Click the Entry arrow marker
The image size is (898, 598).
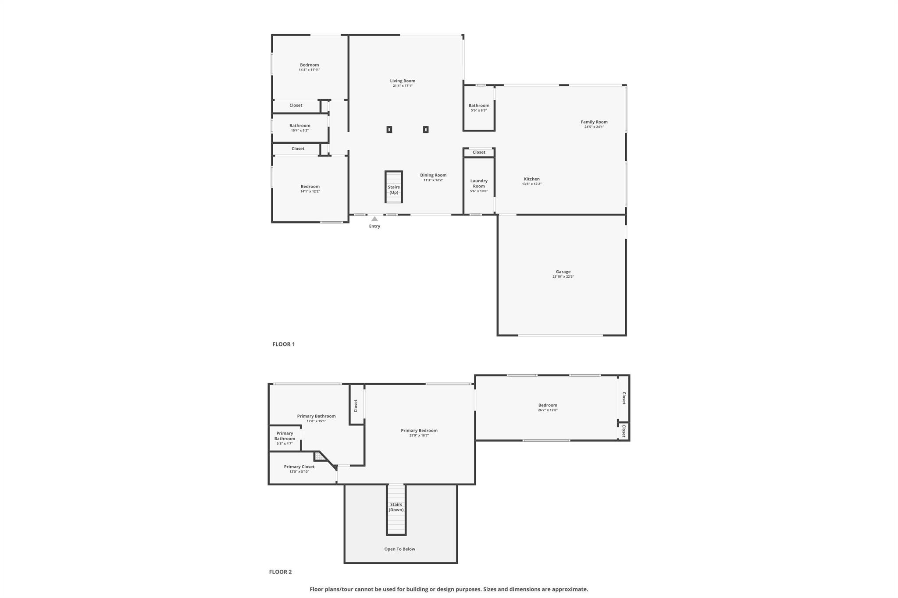pos(374,219)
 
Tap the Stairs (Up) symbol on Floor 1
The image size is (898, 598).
pos(394,187)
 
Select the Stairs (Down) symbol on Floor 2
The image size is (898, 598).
pos(396,510)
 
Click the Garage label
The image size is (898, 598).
pos(563,272)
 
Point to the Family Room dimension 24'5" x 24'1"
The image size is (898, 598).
pos(594,127)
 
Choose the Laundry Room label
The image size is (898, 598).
pos(479,183)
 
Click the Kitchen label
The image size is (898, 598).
pos(532,179)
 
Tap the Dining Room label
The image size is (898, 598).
pos(433,175)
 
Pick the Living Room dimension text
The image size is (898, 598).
pos(403,86)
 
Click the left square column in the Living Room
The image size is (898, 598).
pos(389,130)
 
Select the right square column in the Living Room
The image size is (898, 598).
pos(426,130)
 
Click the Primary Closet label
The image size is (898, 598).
pos(299,467)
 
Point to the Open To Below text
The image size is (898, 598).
pos(400,549)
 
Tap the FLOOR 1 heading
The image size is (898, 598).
pos(284,344)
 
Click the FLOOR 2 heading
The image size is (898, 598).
pos(281,572)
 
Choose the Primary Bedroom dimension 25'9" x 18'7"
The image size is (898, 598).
pos(419,435)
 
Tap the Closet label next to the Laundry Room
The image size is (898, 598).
pos(479,152)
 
